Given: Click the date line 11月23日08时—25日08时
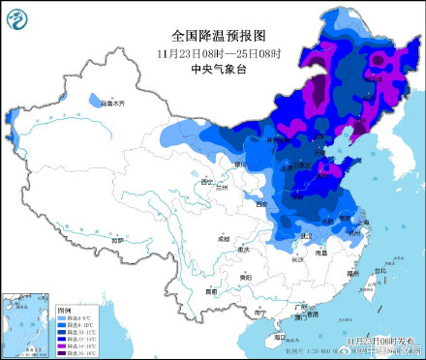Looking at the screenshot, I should (x=212, y=52).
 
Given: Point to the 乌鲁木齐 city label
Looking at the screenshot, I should (x=114, y=101).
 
